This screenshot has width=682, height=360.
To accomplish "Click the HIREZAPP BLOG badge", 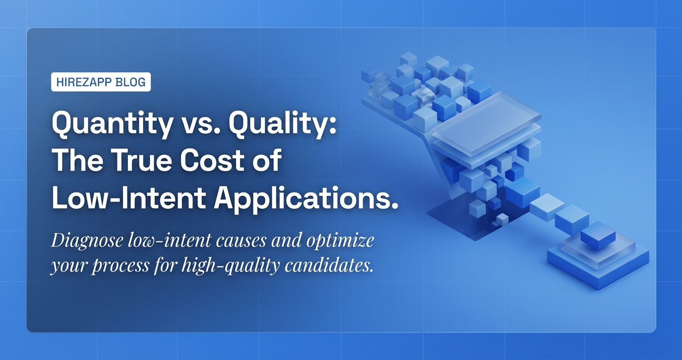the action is coord(101,82).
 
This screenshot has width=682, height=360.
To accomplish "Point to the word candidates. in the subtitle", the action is coord(329,265).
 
